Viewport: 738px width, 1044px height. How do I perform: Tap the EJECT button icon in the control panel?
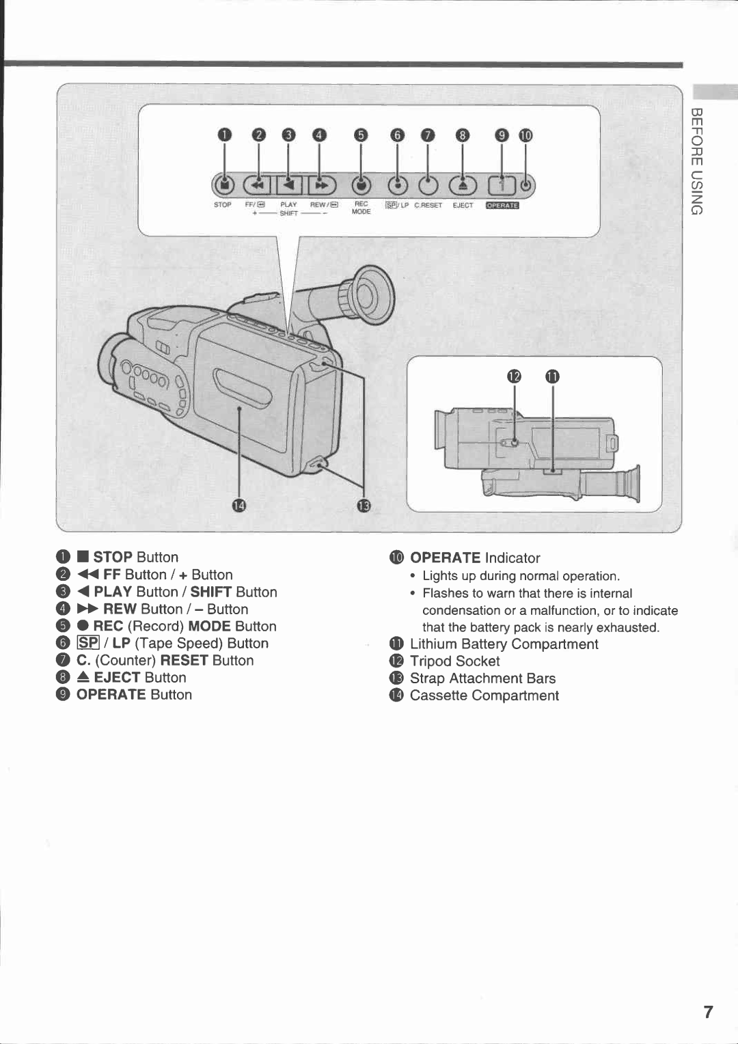pos(462,184)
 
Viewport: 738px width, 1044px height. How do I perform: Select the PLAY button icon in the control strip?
pos(289,184)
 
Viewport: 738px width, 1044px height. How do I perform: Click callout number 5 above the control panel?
pos(361,135)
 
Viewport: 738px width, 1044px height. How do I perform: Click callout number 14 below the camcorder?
pos(238,506)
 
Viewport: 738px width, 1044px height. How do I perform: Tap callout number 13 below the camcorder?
pos(364,506)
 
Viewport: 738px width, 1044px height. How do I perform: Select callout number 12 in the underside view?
pos(514,376)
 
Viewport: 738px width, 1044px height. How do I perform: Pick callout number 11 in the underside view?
pos(552,376)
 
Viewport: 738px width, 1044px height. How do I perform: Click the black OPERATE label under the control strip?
pos(502,205)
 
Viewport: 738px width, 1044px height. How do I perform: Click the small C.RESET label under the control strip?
pos(428,205)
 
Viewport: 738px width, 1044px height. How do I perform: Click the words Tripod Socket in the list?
pos(454,661)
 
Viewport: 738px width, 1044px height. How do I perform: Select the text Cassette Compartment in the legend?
pos(484,696)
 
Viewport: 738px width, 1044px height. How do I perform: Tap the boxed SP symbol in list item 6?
pos(89,643)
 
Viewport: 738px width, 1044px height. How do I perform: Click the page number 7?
pos(708,1012)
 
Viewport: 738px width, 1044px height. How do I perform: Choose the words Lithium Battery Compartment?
pos(504,644)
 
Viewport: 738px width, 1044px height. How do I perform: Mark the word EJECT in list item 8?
pos(117,678)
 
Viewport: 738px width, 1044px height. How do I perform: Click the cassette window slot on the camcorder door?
pos(243,389)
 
